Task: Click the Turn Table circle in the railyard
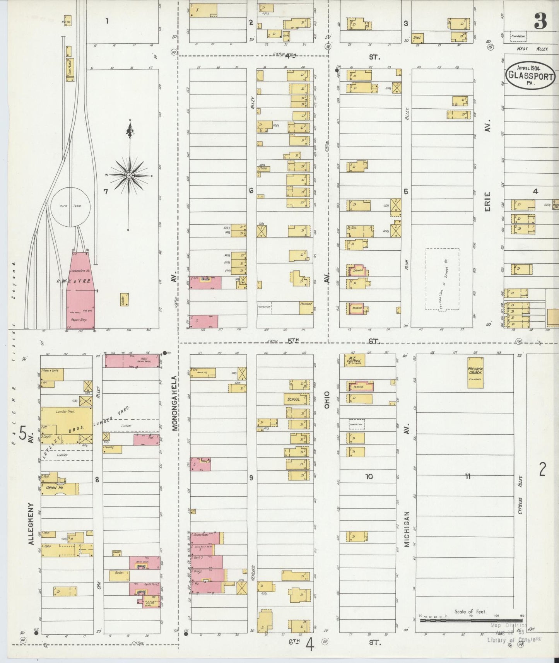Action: click(71, 207)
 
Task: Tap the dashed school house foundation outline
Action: click(443, 279)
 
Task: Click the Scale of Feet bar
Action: click(470, 620)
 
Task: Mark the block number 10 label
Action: click(369, 477)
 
